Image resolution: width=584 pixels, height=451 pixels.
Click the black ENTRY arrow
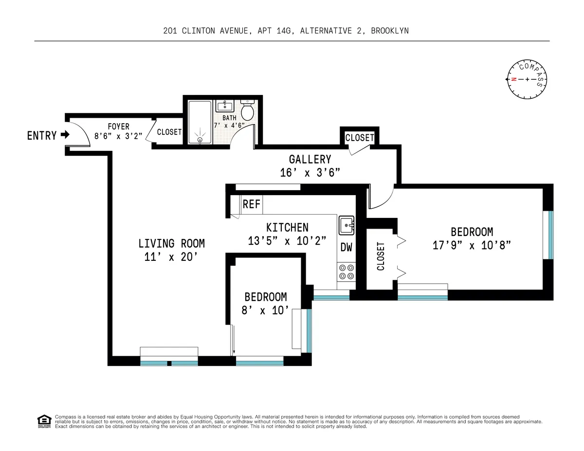65,136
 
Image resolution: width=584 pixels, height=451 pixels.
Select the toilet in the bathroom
248,110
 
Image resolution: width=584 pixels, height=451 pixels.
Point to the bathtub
200,123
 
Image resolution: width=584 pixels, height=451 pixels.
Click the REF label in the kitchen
251,204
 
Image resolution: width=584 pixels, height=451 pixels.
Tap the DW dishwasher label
346,248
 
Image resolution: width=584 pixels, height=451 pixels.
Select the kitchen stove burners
346,271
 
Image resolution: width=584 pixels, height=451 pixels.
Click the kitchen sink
347,224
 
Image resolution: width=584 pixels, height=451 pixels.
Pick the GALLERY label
310,160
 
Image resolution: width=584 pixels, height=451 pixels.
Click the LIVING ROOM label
171,243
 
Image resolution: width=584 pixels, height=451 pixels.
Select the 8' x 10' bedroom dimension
265,310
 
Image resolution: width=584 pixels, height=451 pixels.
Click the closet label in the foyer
169,132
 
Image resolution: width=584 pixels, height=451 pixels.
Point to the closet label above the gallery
360,138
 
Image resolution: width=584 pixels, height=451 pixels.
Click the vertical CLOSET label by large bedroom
381,256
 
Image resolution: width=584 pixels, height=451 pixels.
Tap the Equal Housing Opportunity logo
44,421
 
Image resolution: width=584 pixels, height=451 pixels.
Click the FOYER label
118,127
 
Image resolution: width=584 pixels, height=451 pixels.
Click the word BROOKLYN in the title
389,31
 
